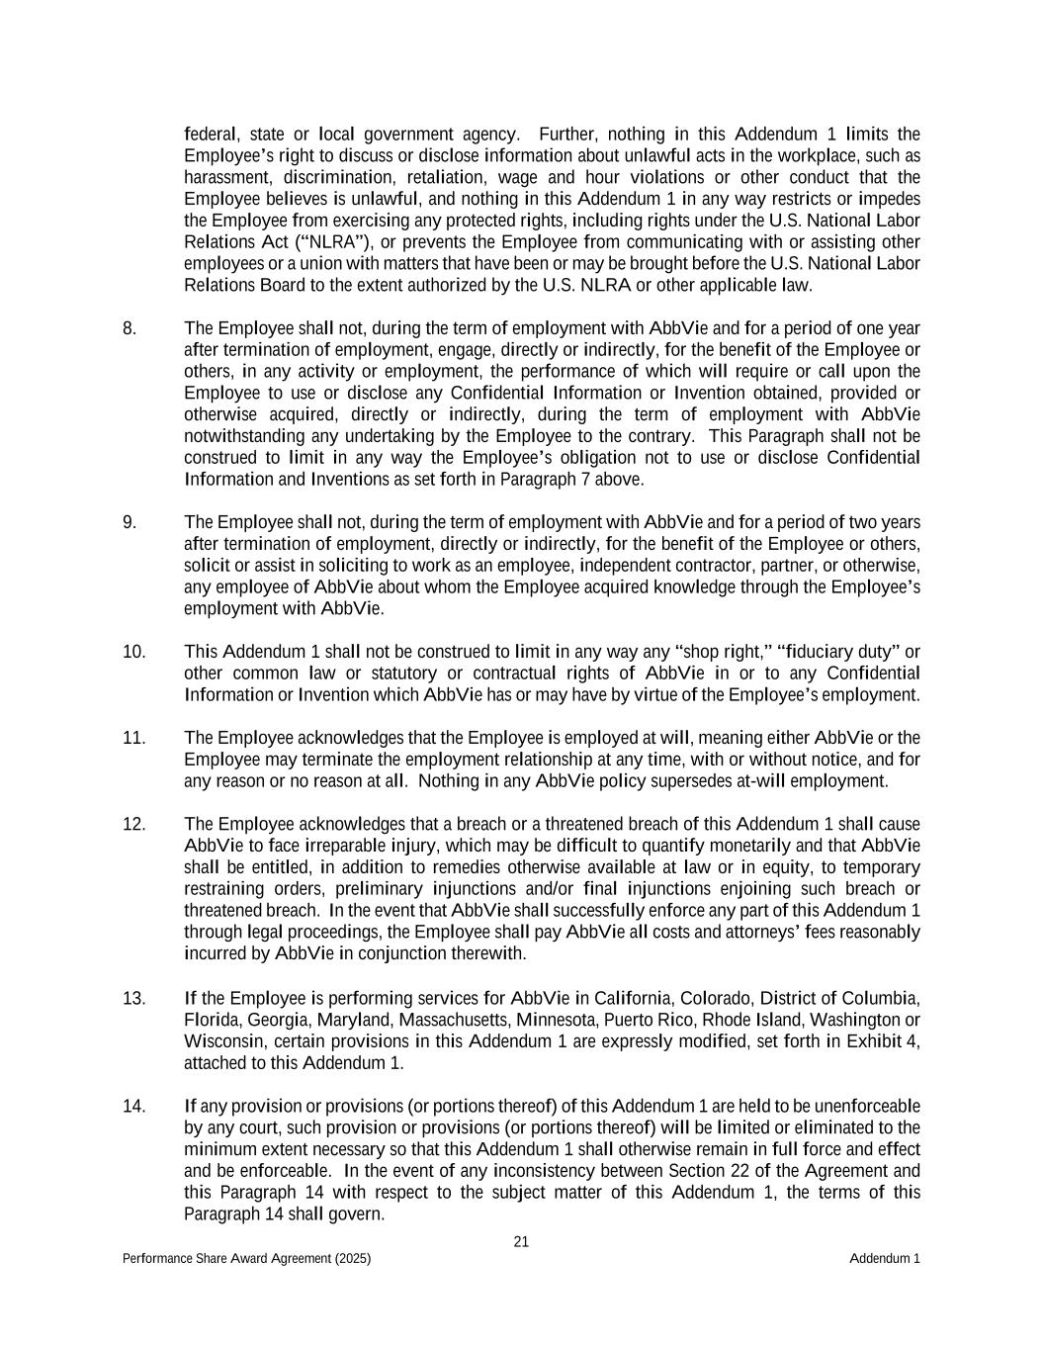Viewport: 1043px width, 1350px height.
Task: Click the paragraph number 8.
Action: click(x=130, y=328)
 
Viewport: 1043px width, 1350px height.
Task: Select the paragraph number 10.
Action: click(x=134, y=652)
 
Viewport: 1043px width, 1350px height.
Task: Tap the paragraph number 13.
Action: click(x=134, y=998)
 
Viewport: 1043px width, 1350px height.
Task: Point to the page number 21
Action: click(x=521, y=1242)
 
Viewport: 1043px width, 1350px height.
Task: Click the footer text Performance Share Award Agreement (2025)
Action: click(x=247, y=1259)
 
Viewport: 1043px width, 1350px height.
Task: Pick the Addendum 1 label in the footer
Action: click(x=884, y=1259)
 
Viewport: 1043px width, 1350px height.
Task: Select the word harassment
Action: click(x=227, y=178)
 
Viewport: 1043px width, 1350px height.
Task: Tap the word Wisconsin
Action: click(x=221, y=1041)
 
